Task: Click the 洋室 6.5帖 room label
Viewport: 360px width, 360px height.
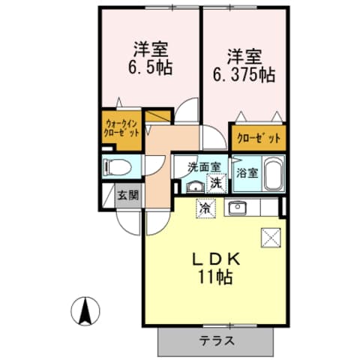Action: click(149, 57)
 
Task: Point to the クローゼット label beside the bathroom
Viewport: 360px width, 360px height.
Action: click(259, 138)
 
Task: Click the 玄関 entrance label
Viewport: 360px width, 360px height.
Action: click(127, 196)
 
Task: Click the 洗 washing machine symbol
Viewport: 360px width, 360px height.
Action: click(215, 181)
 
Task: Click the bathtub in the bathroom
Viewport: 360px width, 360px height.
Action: click(272, 175)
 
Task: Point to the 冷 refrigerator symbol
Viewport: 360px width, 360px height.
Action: click(205, 208)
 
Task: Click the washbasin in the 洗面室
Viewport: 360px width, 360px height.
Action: click(193, 187)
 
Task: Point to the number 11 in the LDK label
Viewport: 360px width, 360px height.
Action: click(205, 277)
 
